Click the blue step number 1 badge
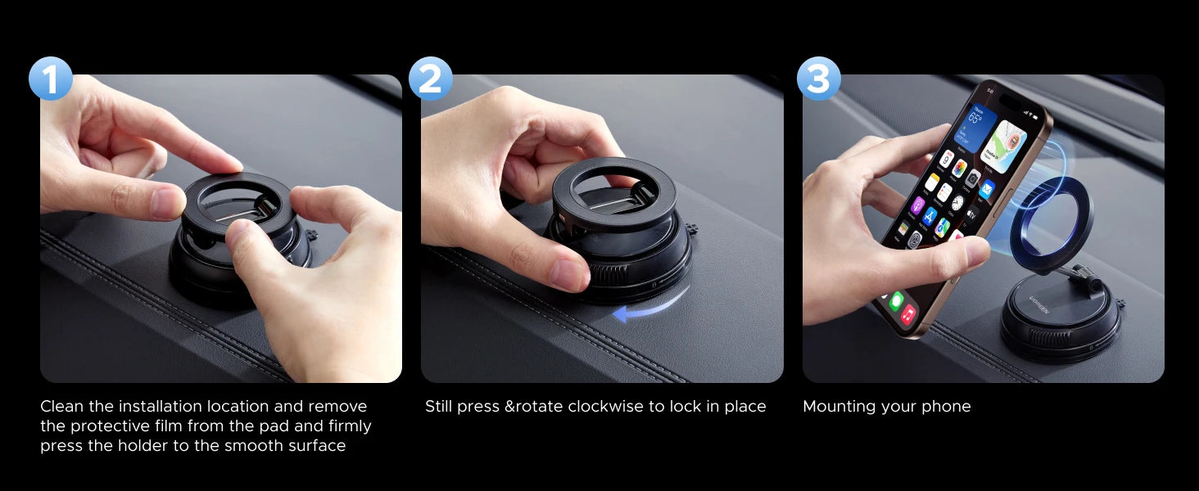tap(51, 79)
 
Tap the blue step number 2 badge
tap(430, 79)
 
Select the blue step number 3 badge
tap(818, 79)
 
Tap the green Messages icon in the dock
tap(896, 300)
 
